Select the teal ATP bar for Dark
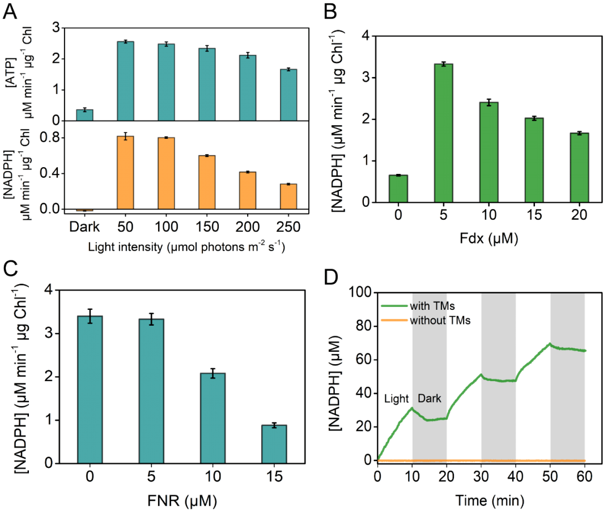[x=84, y=114]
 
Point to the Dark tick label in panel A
[x=84, y=227]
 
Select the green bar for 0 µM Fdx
[x=398, y=189]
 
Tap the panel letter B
[x=333, y=11]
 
